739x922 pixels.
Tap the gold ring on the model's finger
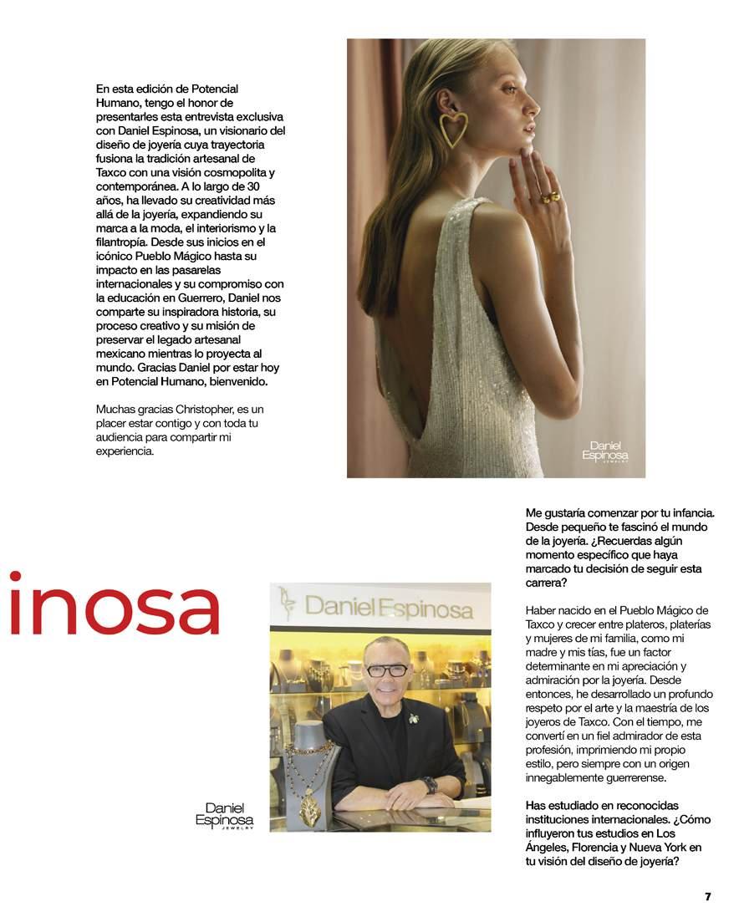(553, 198)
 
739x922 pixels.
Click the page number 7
(707, 897)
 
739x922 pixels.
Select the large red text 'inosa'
(114, 602)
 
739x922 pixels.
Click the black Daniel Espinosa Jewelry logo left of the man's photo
(224, 816)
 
